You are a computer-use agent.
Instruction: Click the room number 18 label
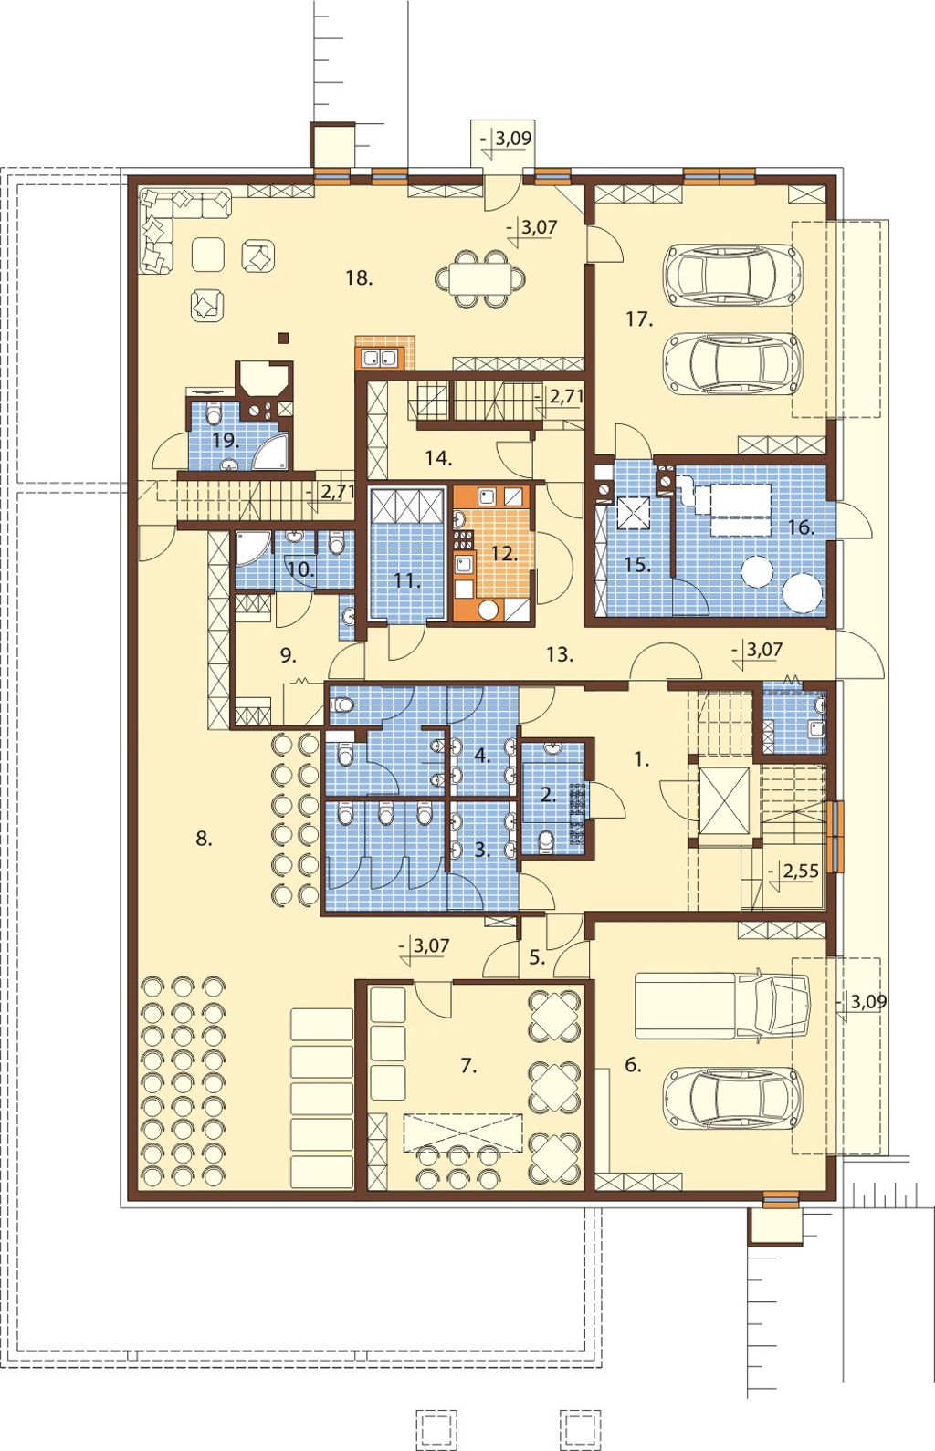coord(359,278)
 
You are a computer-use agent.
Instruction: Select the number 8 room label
coord(204,839)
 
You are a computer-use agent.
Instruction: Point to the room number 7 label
coord(468,1065)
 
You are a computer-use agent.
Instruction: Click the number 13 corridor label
coord(560,654)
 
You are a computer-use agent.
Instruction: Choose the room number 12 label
coord(504,554)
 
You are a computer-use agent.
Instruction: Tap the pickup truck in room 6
coord(722,1005)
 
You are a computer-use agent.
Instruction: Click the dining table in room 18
coord(480,279)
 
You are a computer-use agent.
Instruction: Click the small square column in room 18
coord(283,337)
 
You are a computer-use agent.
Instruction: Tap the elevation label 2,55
coord(801,872)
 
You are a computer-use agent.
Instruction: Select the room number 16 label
coord(801,527)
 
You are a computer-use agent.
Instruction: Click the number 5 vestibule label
coord(537,956)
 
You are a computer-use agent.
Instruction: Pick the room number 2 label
coord(548,795)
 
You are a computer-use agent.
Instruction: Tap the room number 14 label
coord(438,459)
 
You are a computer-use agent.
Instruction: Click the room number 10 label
coord(300,570)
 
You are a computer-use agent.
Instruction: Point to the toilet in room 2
coord(547,841)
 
